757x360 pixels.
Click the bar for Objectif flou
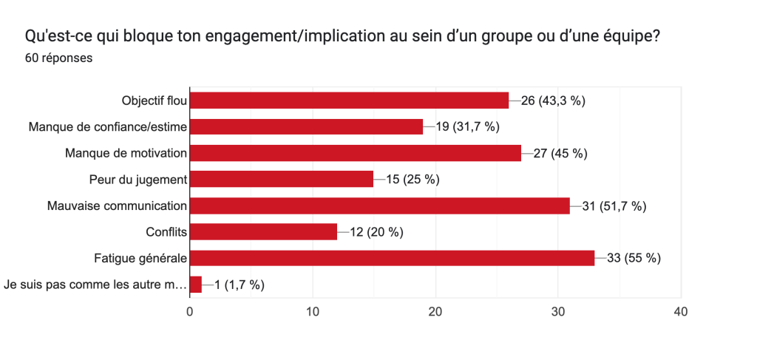coord(349,101)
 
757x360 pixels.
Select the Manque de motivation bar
coord(356,153)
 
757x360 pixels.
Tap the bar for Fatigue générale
coord(392,258)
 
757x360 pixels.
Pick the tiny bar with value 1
coord(196,284)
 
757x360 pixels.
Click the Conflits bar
coord(263,232)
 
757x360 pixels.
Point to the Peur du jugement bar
coord(282,180)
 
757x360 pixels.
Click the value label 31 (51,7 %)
coord(614,206)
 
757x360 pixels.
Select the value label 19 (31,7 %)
coord(467,127)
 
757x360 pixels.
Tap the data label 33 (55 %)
coord(634,258)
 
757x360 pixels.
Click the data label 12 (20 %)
coord(376,232)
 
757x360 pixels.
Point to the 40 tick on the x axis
coord(681,312)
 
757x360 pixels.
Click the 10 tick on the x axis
coord(313,312)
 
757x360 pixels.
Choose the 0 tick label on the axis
coord(190,312)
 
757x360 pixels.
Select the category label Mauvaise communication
coord(117,206)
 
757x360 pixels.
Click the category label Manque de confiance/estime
coord(108,127)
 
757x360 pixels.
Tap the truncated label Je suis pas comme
coord(95,284)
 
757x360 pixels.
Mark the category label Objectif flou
coord(154,101)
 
